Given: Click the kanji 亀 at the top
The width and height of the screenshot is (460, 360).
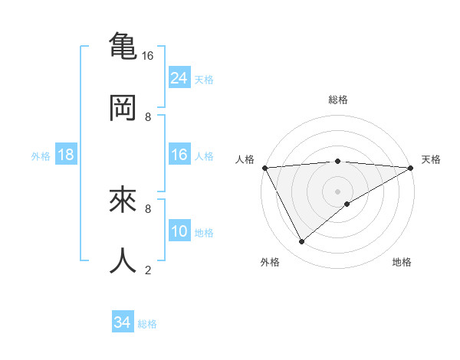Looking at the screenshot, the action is coord(123,45).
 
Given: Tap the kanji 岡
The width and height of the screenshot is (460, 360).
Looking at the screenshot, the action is coord(123,108).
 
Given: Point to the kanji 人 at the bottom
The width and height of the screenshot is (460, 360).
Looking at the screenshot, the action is coord(123,260).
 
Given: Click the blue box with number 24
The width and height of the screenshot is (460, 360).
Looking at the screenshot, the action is coord(179,77).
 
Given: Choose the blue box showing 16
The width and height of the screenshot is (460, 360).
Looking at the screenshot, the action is coord(179,155).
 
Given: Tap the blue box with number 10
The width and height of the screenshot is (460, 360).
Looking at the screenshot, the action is coord(179,231).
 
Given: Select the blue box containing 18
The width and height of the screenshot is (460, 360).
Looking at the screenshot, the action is coord(66,155).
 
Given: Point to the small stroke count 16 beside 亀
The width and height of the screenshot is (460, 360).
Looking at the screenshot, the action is coord(148,56).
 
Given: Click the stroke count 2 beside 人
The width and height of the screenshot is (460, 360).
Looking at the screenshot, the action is coord(148,270).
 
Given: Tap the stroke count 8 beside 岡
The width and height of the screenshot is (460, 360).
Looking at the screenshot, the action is coord(148,117).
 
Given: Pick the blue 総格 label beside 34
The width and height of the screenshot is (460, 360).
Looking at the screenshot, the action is coord(147,324).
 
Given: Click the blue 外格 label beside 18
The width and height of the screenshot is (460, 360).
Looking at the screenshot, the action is coord(41,156).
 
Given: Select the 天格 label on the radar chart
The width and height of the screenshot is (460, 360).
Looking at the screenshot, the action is coord(432,159).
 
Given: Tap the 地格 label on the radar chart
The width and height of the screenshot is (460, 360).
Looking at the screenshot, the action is coord(402,262).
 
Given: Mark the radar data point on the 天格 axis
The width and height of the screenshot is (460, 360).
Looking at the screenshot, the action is coord(412,167).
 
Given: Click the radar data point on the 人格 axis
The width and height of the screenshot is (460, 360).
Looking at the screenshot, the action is coord(264,167).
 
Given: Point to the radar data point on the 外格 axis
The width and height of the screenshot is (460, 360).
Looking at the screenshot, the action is coord(301,242).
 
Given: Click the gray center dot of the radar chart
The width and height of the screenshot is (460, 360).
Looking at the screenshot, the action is coord(338,191).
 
